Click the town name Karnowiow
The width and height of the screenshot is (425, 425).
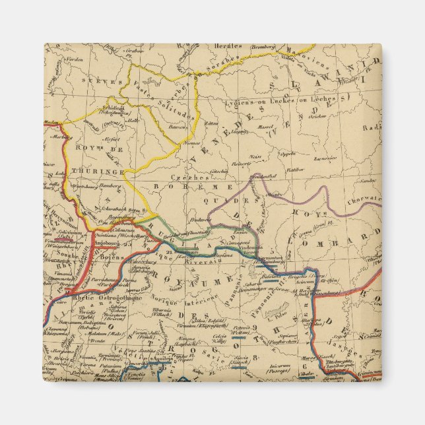pyautogui.click(x=325, y=158)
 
